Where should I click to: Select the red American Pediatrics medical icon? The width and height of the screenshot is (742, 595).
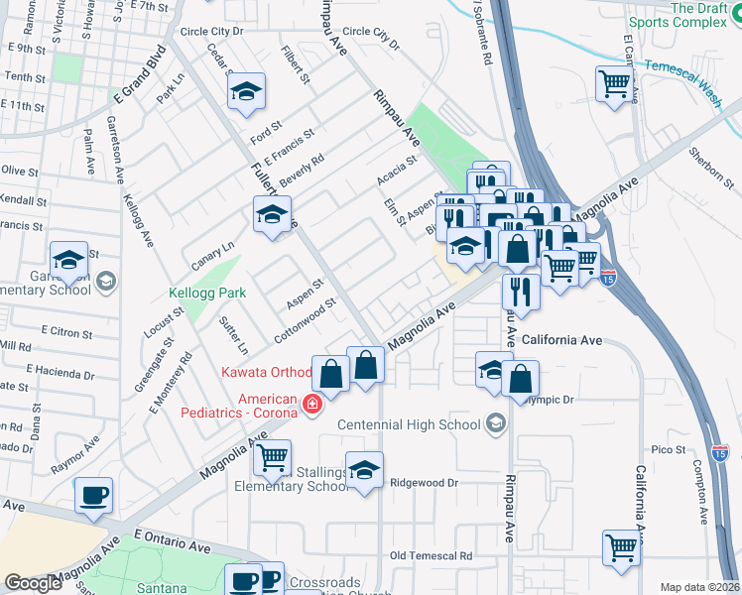point(311,405)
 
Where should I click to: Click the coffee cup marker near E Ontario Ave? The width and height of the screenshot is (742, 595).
point(94,495)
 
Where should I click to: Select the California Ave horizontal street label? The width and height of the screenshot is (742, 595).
point(562,340)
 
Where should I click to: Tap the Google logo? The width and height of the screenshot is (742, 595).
point(32,583)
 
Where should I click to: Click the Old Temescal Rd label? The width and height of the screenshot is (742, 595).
point(431,555)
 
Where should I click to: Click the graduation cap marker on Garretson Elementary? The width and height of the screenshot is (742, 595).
point(69,260)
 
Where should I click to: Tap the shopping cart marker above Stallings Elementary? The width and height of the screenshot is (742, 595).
point(272,458)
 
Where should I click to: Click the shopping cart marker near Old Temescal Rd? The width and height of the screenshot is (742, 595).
point(621,546)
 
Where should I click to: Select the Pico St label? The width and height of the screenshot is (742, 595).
point(669,449)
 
